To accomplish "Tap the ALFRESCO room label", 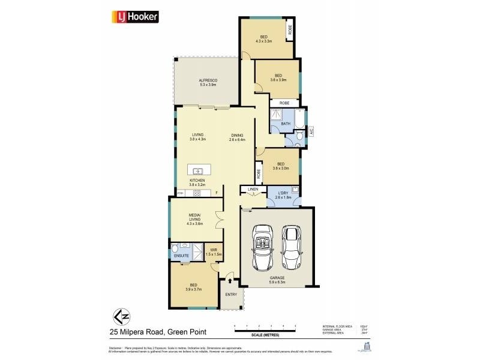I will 208,82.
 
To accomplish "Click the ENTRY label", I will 231,294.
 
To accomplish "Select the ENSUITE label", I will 182,256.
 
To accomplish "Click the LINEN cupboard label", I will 253,190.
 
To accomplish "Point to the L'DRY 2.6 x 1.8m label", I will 283,196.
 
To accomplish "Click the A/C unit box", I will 311,131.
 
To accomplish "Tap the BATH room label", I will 286,124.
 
